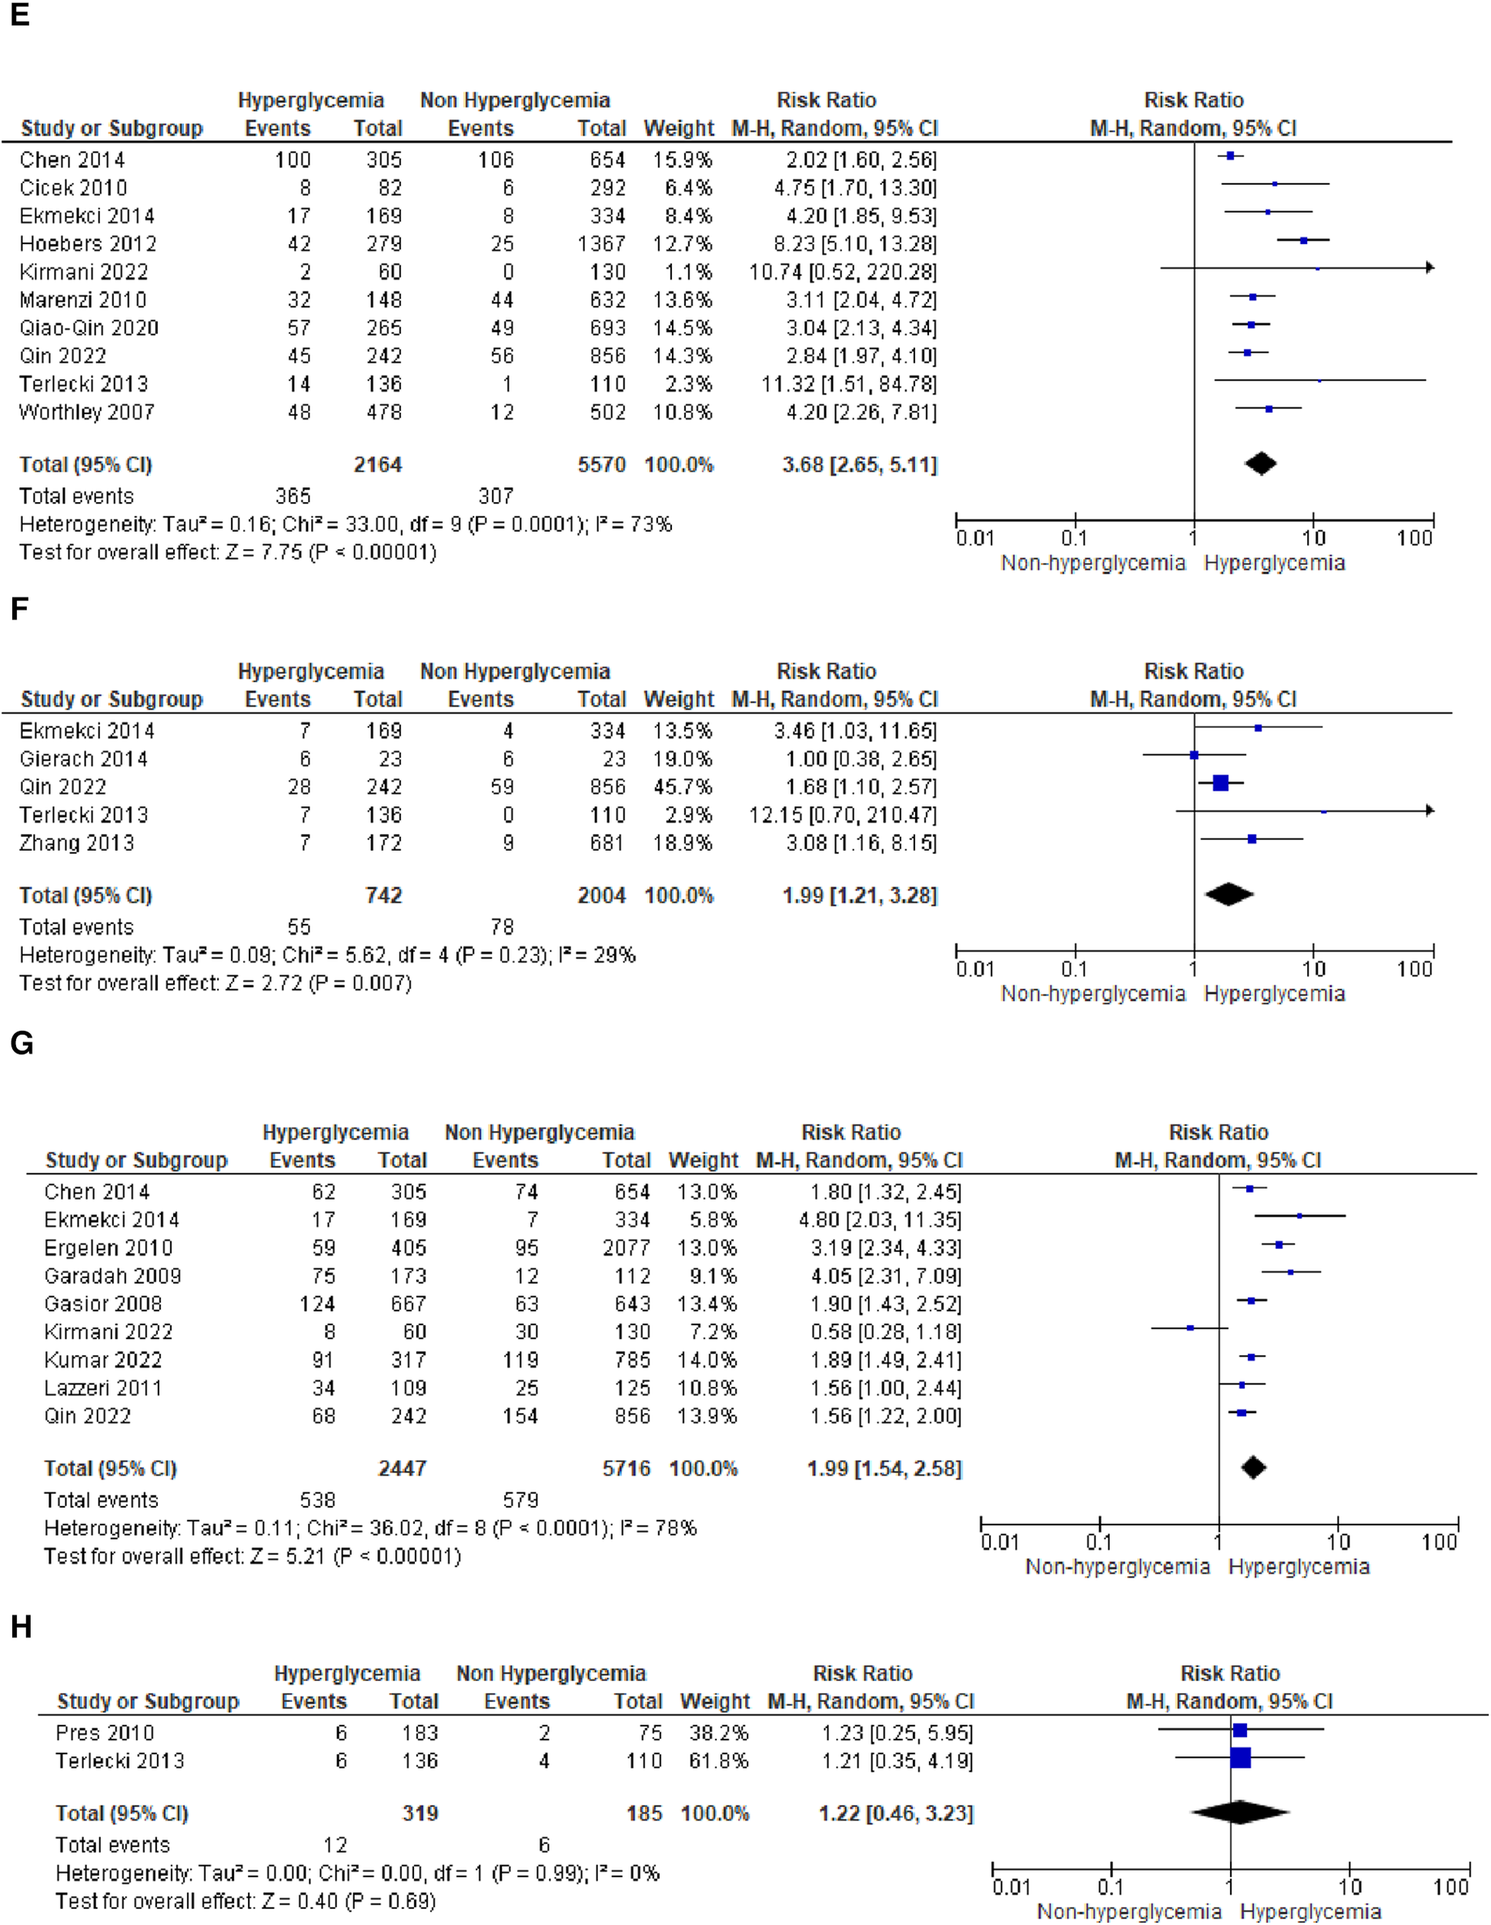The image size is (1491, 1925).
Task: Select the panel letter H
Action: click(x=21, y=1626)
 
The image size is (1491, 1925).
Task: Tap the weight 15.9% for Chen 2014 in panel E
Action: click(x=682, y=159)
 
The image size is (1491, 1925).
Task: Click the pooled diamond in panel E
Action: click(x=1260, y=464)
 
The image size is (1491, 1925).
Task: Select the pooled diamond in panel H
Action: click(x=1240, y=1812)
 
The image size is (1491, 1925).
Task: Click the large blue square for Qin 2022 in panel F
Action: click(x=1221, y=782)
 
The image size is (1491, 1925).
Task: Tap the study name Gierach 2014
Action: click(x=84, y=759)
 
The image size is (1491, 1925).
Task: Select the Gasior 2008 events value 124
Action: click(x=317, y=1304)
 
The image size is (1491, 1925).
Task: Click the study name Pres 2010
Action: click(x=104, y=1732)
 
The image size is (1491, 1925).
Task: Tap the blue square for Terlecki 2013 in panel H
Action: click(x=1241, y=1758)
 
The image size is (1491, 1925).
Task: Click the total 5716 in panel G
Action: click(x=626, y=1468)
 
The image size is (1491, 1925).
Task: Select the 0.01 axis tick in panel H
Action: click(x=1011, y=1886)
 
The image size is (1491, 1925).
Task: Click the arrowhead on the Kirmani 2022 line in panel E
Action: click(x=1430, y=267)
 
